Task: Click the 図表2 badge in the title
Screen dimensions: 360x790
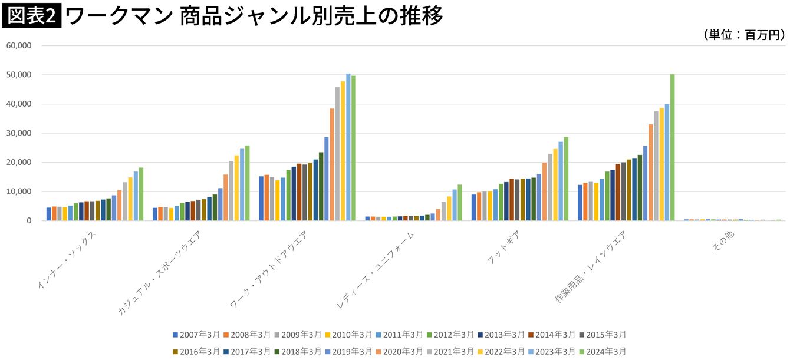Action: click(32, 16)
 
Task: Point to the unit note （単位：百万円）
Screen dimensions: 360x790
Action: click(743, 35)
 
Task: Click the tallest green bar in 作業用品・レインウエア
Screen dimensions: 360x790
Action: click(672, 147)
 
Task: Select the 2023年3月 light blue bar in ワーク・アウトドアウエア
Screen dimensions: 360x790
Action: click(348, 147)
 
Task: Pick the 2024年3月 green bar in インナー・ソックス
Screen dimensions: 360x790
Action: click(141, 194)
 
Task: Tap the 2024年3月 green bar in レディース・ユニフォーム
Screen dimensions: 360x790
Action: click(460, 203)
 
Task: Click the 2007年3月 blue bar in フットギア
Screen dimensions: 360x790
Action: click(473, 207)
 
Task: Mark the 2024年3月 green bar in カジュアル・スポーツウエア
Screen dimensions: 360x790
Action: click(248, 183)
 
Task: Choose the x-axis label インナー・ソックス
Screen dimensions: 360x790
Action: click(68, 259)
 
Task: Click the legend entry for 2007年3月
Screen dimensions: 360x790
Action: click(195, 335)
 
